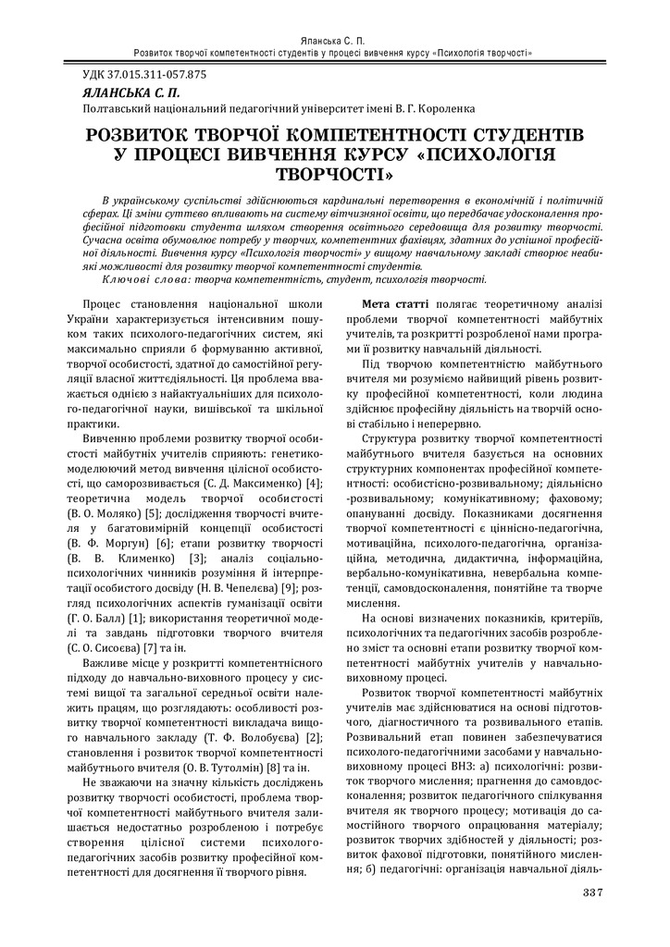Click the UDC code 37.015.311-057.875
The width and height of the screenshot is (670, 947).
tap(154, 75)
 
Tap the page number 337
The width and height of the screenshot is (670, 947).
tap(593, 892)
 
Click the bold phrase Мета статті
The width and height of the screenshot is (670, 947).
tap(395, 303)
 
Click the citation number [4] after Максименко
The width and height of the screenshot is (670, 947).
tap(314, 484)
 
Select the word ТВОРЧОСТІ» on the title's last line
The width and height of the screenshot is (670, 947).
tap(335, 174)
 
